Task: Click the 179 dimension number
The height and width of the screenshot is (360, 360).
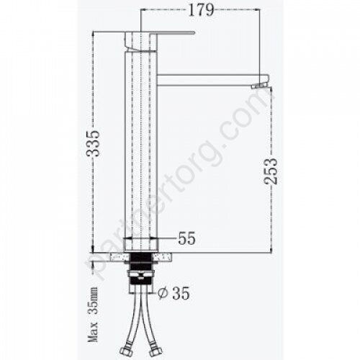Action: pyautogui.click(x=201, y=10)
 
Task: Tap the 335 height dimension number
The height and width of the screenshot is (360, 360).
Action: pyautogui.click(x=93, y=143)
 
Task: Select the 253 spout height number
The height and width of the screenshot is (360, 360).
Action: pyautogui.click(x=271, y=171)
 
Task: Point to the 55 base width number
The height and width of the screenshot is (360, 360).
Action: pyautogui.click(x=187, y=238)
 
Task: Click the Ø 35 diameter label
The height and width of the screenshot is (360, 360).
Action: pyautogui.click(x=174, y=293)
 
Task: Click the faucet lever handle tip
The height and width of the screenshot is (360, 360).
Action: pyautogui.click(x=195, y=32)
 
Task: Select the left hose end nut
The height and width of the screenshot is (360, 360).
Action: pyautogui.click(x=125, y=352)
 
